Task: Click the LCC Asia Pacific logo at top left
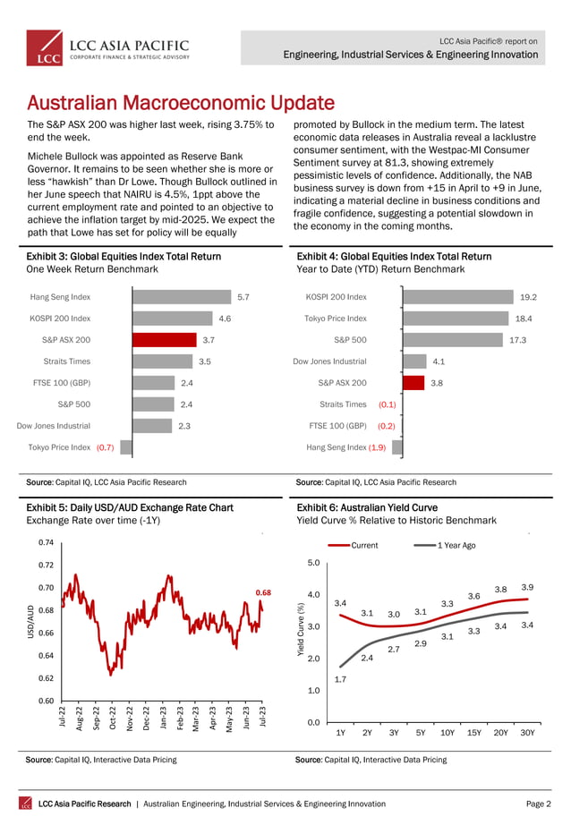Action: coord(107,47)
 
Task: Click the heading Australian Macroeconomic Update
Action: coord(182,103)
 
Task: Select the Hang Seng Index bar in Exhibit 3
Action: coord(183,296)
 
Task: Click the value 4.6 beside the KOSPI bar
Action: coord(226,318)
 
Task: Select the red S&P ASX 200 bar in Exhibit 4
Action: coord(413,383)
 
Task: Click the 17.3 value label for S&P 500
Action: coord(516,340)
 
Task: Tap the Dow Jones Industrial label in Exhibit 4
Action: coord(330,361)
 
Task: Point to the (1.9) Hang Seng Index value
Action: coord(377,447)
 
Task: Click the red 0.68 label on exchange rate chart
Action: coord(263,592)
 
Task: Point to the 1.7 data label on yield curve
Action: coord(341,679)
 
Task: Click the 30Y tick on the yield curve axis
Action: coord(527,732)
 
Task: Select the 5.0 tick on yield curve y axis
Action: coord(313,563)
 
